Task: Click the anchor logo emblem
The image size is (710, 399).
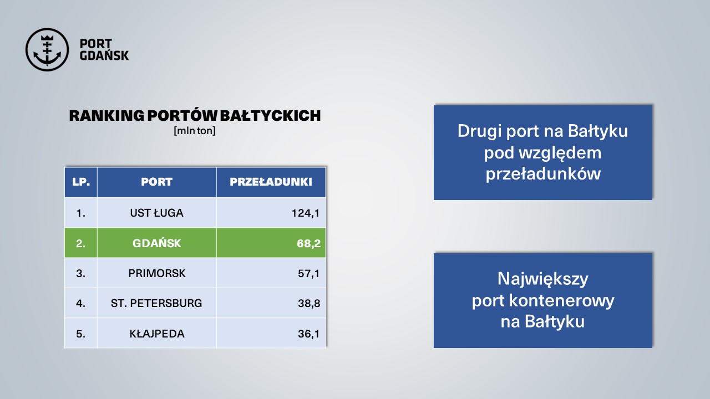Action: pos(47,49)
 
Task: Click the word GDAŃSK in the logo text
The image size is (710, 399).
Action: pos(104,56)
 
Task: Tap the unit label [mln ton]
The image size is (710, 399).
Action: pos(195,131)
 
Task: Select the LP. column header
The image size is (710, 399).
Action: pos(81,182)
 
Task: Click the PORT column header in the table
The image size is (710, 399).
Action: pos(156,182)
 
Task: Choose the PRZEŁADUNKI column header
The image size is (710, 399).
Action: pos(271,182)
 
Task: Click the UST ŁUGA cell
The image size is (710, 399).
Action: pos(156,213)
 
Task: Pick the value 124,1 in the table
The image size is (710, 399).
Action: pos(306,213)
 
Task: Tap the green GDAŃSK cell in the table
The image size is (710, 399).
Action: pos(156,243)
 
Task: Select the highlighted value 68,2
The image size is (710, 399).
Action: pos(309,243)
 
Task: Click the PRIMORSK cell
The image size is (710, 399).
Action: pos(157,273)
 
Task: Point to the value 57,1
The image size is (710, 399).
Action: pos(309,273)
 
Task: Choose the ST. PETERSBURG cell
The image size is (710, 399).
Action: pos(156,303)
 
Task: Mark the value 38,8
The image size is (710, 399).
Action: pos(309,303)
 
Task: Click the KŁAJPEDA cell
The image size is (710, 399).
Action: pos(157,334)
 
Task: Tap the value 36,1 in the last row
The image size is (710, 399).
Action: pos(309,334)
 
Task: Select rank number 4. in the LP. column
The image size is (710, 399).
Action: pos(80,303)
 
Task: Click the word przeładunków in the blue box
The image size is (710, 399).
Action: pos(543,174)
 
